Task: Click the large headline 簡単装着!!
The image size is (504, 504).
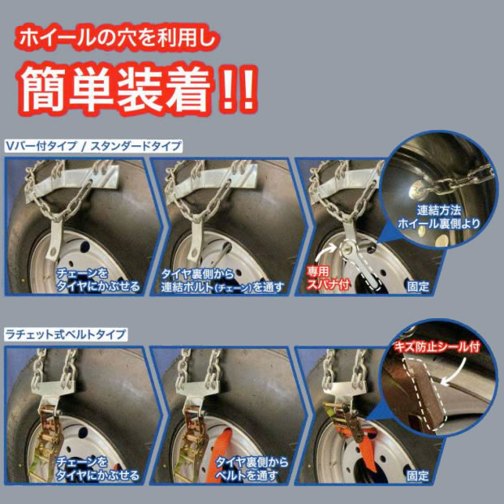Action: click(x=138, y=88)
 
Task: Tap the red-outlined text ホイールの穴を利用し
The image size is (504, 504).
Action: click(x=118, y=39)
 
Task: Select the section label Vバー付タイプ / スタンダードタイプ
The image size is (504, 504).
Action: click(x=93, y=146)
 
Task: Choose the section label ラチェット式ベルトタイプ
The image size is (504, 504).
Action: click(x=66, y=334)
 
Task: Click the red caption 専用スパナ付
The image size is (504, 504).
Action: click(x=327, y=278)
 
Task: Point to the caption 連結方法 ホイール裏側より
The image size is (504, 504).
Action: click(x=439, y=217)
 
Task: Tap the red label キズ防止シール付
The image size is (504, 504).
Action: click(x=437, y=347)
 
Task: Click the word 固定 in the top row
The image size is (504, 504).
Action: click(x=418, y=286)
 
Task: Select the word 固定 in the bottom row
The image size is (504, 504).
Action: click(x=418, y=476)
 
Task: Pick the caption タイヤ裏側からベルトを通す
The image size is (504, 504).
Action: click(x=252, y=469)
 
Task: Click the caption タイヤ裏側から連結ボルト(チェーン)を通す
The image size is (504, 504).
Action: click(x=222, y=280)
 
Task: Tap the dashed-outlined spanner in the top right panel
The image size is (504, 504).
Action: click(x=362, y=263)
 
